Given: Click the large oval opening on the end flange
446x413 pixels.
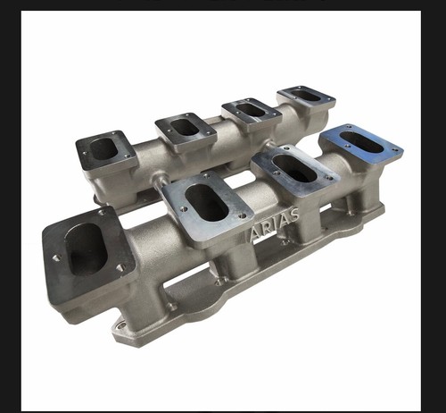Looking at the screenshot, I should click(86, 249).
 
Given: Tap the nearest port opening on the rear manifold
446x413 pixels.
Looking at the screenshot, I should click(105, 147).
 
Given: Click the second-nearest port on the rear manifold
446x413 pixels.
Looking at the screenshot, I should click(186, 125).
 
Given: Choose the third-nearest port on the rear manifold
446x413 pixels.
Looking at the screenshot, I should click(250, 109).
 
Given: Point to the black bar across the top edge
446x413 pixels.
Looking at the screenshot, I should click(223, 4).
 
